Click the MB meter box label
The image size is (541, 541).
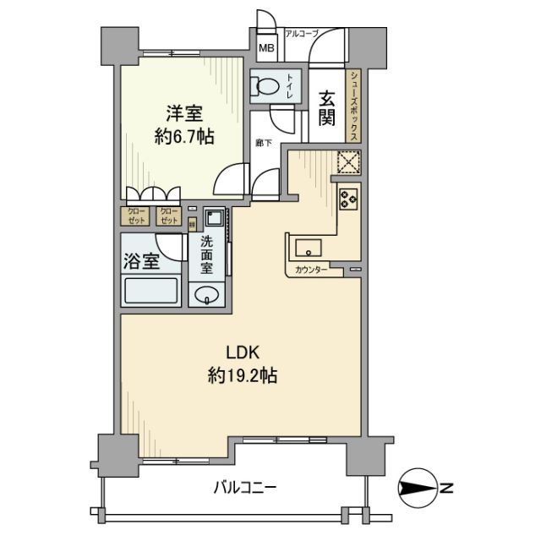coord(265,48)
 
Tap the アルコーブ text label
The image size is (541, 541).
coord(302,34)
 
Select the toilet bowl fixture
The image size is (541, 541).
coord(268,86)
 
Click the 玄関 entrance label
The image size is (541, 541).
coord(327,109)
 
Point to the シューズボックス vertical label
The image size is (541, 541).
coord(356,107)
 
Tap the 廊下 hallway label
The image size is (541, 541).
coord(263,143)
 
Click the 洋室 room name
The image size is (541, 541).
coord(183,112)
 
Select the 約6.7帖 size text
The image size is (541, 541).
coord(183,137)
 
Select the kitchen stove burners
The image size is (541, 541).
coord(348,199)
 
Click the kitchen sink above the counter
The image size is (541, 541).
coord(309,248)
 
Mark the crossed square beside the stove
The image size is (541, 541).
coord(348,161)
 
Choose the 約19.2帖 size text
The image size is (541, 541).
coord(243,375)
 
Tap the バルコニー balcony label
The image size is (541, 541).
coord(244,488)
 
